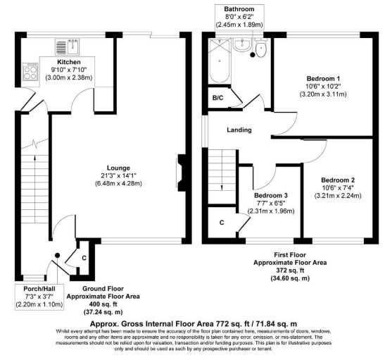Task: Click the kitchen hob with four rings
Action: tap(30, 72)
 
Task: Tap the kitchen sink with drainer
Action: tap(67, 46)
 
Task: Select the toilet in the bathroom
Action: tap(260, 48)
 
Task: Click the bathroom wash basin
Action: tap(242, 45)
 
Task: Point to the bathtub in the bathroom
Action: tap(220, 61)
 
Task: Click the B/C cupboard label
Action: tap(217, 98)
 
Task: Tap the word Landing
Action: tap(239, 130)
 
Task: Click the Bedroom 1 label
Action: tap(323, 79)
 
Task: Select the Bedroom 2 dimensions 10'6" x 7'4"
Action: tap(338, 187)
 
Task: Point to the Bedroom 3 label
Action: tap(271, 195)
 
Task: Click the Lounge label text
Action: tap(118, 168)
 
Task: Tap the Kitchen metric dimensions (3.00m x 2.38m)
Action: tap(69, 77)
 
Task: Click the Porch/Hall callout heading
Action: tap(39, 289)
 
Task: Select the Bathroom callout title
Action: tap(239, 9)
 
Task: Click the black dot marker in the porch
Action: tap(57, 256)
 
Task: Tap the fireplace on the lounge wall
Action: tap(181, 173)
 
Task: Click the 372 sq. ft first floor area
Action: tap(290, 271)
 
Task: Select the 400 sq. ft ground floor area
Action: tap(103, 304)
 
